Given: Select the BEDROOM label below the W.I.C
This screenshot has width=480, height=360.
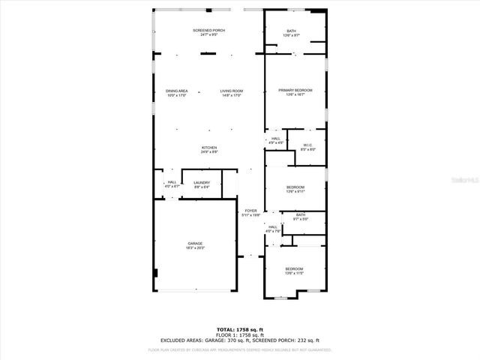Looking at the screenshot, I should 295,189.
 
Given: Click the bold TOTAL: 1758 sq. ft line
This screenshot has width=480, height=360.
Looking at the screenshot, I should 240,329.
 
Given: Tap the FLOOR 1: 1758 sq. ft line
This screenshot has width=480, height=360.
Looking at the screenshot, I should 240,334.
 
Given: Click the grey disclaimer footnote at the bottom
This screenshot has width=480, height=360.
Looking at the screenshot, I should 240,349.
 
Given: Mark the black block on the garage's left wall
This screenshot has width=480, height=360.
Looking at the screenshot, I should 155,273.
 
